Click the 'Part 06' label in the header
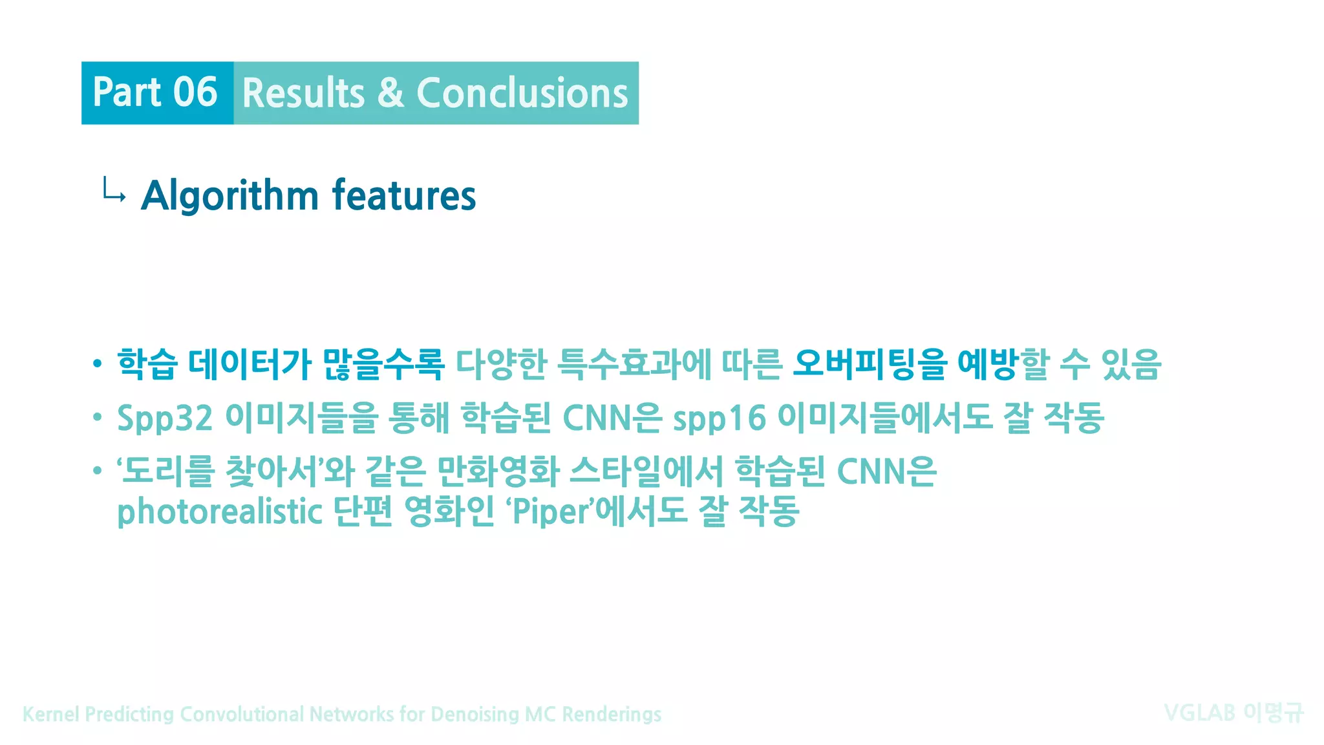(155, 92)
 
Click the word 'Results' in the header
(303, 93)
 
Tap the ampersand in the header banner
(390, 93)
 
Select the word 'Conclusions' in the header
(522, 93)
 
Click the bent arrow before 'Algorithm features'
(114, 191)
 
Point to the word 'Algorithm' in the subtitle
(230, 196)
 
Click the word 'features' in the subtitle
(404, 196)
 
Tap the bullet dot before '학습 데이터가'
(97, 364)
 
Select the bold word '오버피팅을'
(870, 364)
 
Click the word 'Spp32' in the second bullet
(164, 418)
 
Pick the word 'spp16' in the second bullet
(719, 418)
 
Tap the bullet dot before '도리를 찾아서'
(97, 471)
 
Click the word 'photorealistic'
(219, 512)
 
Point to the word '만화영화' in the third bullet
(498, 471)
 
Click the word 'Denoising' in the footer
(475, 714)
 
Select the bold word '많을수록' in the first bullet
(383, 364)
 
